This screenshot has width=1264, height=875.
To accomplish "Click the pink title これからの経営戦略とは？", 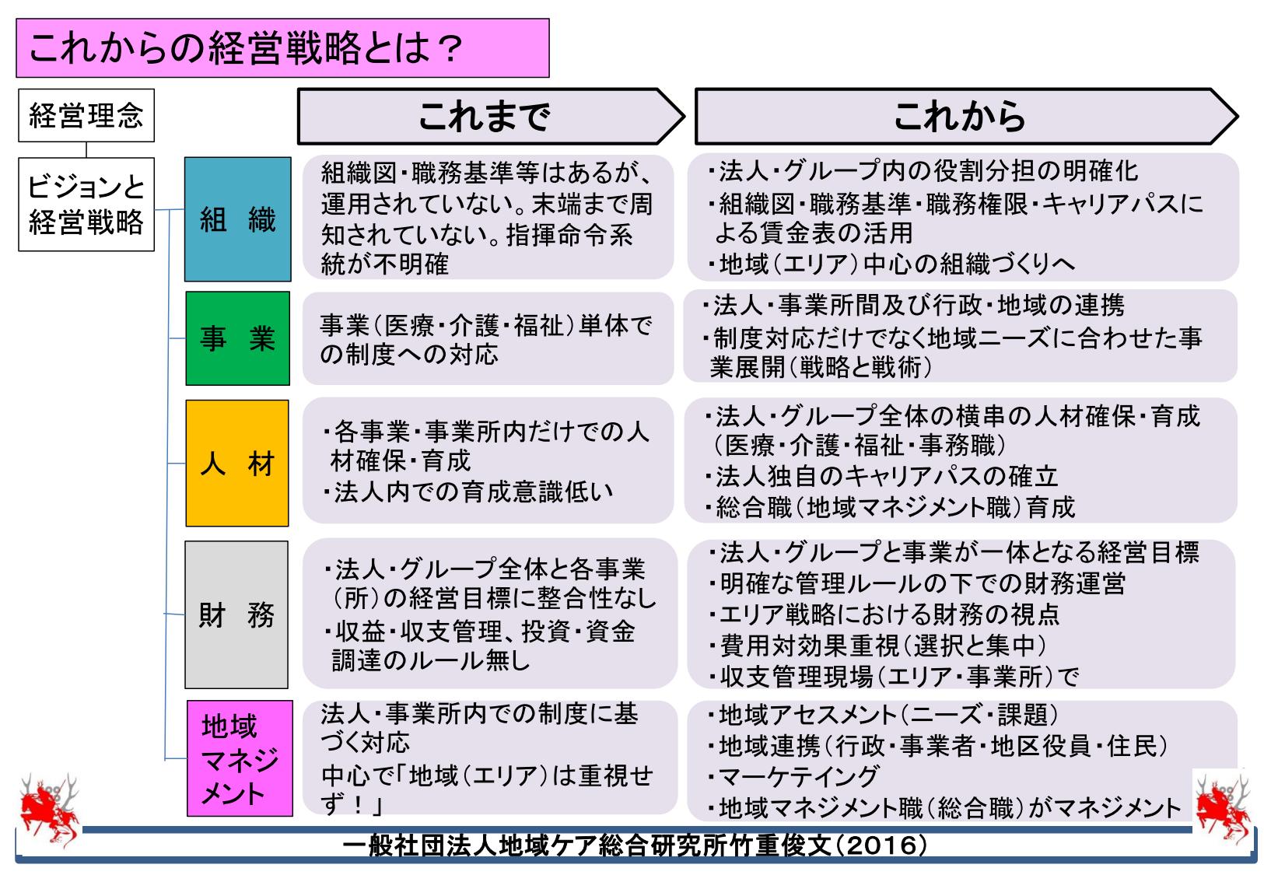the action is click(282, 48).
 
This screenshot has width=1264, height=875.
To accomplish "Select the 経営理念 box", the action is click(86, 115).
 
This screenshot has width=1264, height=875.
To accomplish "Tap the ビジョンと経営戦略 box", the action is click(86, 205).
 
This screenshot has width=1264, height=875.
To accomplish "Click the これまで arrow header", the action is click(490, 116).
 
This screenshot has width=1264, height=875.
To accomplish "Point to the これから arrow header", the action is click(966, 116).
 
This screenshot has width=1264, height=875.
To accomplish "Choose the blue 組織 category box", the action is click(238, 219).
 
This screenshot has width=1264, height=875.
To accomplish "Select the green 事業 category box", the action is click(237, 338).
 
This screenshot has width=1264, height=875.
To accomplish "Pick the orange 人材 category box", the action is click(237, 464).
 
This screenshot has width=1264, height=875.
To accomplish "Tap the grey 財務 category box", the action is click(236, 614).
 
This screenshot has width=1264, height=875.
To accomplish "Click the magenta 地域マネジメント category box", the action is click(240, 758).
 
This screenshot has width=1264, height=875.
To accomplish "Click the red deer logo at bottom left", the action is click(49, 809).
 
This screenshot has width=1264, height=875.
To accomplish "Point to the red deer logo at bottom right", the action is click(1223, 809).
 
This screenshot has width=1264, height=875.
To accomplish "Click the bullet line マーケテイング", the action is click(793, 777).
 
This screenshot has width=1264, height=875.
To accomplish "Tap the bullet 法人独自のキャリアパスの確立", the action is click(881, 476).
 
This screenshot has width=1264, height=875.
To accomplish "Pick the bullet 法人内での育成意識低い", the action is click(467, 492).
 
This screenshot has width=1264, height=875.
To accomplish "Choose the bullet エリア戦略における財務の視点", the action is click(884, 614).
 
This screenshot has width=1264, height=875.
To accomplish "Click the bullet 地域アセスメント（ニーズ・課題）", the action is click(883, 715).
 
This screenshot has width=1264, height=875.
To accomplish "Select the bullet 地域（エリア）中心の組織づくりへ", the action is click(891, 264).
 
